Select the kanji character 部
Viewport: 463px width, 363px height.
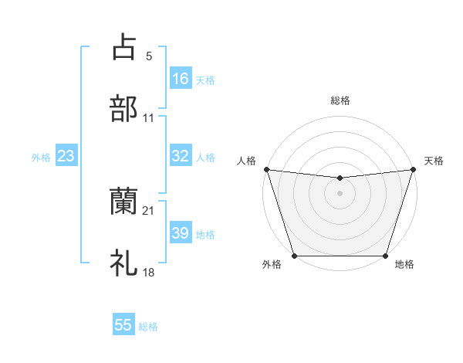click(123, 109)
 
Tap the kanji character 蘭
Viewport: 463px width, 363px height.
click(123, 202)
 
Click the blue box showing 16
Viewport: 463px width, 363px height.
click(181, 78)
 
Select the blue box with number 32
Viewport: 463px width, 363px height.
click(181, 156)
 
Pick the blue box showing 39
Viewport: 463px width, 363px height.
click(181, 233)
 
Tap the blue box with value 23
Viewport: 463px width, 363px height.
click(66, 156)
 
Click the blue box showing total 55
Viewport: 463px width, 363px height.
click(123, 325)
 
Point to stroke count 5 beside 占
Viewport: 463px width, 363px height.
click(149, 56)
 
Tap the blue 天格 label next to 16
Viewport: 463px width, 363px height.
click(205, 80)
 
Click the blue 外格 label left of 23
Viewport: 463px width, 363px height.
click(41, 158)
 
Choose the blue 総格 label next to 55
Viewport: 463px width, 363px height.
click(148, 327)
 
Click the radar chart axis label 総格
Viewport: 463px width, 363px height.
click(340, 100)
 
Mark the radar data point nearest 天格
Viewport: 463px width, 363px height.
click(413, 169)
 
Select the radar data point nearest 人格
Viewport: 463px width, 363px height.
click(266, 169)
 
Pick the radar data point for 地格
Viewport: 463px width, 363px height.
click(385, 256)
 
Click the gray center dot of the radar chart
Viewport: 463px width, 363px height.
click(340, 193)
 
